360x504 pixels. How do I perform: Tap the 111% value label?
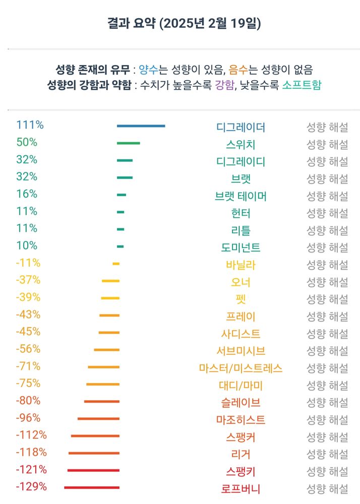(x=30, y=125)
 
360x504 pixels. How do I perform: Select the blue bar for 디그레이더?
(x=141, y=126)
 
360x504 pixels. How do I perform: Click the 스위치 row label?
(x=241, y=145)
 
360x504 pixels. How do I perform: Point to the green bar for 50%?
(x=128, y=143)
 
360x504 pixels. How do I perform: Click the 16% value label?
(x=27, y=194)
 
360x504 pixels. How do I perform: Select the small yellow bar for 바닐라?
(x=116, y=264)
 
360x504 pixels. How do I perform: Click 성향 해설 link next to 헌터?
(x=327, y=213)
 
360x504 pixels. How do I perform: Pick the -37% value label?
(x=28, y=280)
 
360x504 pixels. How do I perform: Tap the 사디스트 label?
(x=241, y=334)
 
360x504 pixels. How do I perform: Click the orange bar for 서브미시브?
(x=106, y=350)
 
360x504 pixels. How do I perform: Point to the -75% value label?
(x=28, y=384)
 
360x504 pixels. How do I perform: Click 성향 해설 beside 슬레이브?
(x=327, y=403)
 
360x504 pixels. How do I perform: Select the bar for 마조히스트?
(x=98, y=419)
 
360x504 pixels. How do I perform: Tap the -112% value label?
(x=31, y=435)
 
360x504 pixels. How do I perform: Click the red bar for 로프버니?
(x=92, y=487)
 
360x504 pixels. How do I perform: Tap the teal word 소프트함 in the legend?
(x=302, y=84)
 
